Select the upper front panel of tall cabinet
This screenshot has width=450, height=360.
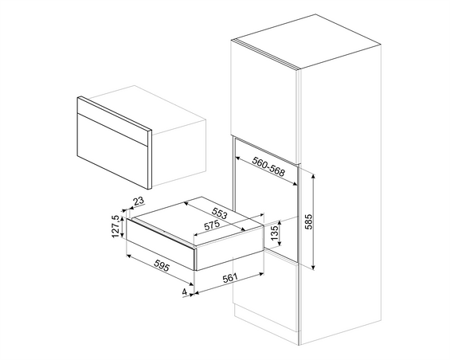264,96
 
